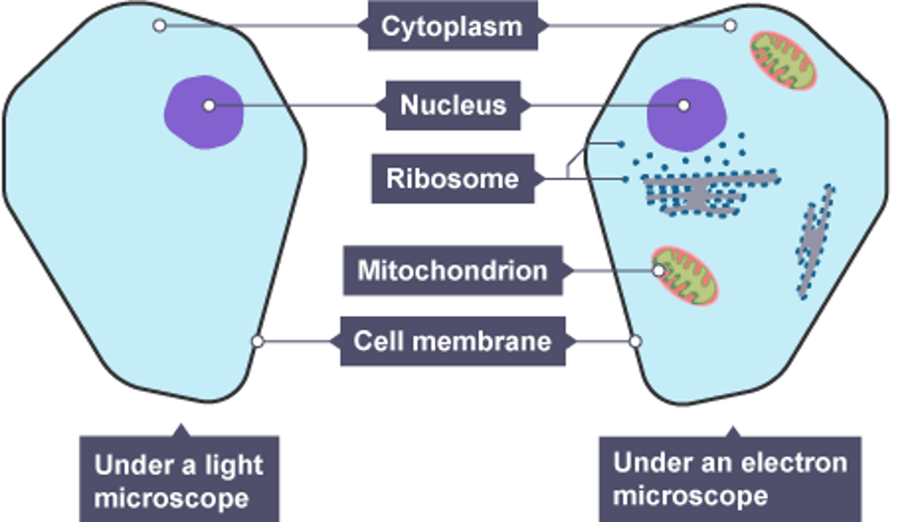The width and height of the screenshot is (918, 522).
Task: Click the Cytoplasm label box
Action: (452, 26)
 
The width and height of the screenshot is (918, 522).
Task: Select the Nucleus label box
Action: (453, 105)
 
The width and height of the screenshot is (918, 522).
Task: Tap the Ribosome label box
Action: (452, 178)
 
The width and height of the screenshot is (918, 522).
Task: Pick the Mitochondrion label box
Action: (452, 270)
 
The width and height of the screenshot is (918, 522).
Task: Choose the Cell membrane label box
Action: (452, 341)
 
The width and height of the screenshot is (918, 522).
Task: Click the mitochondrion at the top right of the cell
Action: (782, 61)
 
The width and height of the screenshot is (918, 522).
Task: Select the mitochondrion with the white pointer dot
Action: (685, 276)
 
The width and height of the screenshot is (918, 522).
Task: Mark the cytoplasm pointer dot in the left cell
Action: (160, 25)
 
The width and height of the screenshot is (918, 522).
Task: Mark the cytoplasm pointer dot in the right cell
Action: (731, 25)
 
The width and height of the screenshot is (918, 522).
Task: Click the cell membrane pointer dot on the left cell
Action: (258, 341)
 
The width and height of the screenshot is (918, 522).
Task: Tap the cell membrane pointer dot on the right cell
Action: (635, 341)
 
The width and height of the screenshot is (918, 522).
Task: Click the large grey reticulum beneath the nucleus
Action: (698, 193)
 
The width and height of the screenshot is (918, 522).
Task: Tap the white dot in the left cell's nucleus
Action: (209, 105)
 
